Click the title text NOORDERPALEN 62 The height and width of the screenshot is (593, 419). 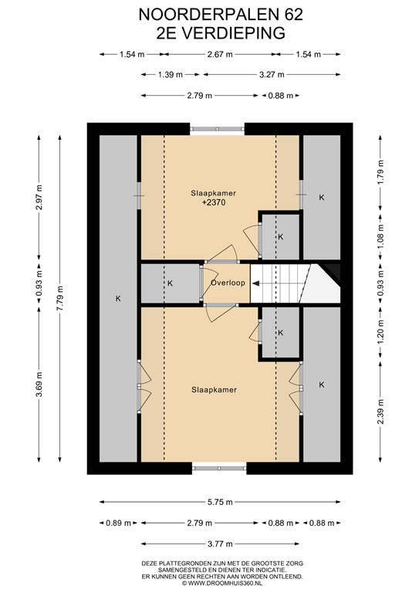click(221, 15)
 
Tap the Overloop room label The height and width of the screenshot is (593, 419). click(228, 283)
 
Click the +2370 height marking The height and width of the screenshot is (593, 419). click(214, 202)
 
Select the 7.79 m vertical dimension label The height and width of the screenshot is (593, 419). click(59, 298)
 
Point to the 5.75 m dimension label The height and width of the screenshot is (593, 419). click(220, 502)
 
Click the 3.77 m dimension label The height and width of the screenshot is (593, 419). click(220, 544)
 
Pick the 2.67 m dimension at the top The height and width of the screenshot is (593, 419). click(220, 54)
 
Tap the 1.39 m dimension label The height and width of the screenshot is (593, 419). click(170, 74)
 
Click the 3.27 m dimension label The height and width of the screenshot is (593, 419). click(272, 74)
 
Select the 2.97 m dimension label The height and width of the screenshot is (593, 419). click(39, 197)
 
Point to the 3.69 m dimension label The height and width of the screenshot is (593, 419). click(39, 385)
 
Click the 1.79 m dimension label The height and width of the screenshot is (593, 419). click(380, 172)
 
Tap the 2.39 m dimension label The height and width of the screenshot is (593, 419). click(380, 412)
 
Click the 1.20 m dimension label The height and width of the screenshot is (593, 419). click(380, 333)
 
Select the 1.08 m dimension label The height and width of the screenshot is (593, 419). click(380, 237)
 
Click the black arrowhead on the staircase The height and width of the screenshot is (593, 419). click(255, 283)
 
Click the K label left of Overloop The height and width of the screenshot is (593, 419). click(170, 283)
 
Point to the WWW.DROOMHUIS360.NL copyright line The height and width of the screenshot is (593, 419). click(222, 583)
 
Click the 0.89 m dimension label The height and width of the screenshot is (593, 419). click(118, 523)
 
